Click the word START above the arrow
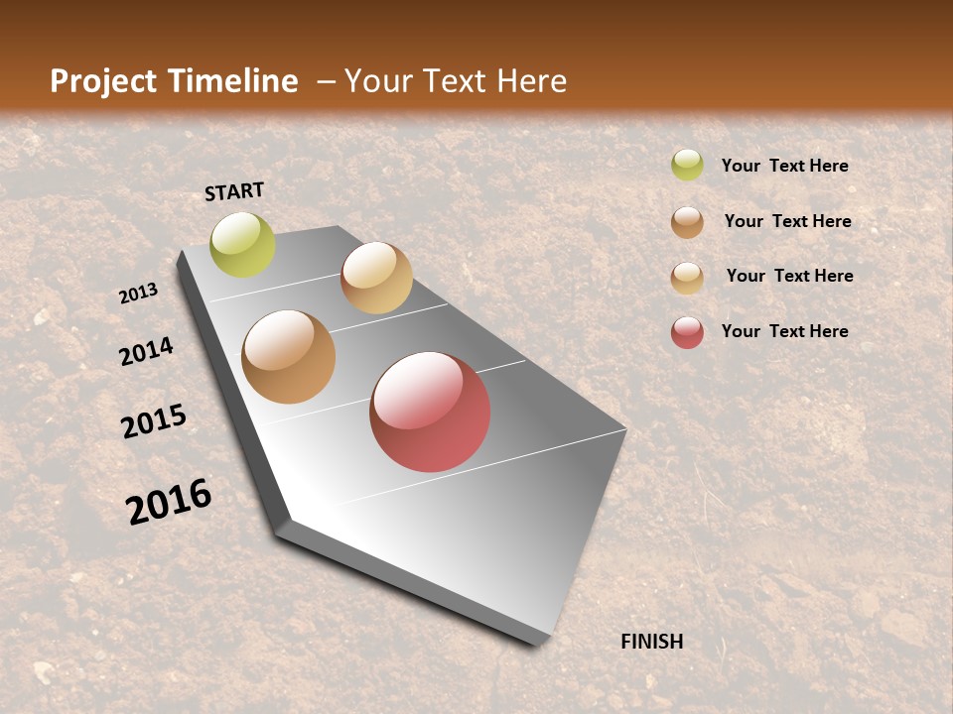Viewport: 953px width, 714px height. click(x=234, y=191)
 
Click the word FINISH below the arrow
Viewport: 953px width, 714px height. click(x=651, y=642)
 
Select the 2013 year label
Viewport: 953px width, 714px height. click(x=139, y=294)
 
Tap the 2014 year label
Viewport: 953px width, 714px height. click(x=146, y=351)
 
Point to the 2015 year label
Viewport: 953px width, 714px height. click(x=154, y=421)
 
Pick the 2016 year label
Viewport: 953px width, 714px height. click(x=169, y=502)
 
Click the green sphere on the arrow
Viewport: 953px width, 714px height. click(x=242, y=244)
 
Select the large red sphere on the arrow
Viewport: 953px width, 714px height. click(x=430, y=412)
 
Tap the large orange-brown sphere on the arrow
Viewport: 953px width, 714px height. click(x=289, y=357)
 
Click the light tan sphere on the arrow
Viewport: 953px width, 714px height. click(x=376, y=278)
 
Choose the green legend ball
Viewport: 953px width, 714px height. click(x=687, y=166)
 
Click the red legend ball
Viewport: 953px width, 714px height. click(x=687, y=332)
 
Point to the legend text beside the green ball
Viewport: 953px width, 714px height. click(x=784, y=167)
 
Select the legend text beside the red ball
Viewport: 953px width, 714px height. click(x=784, y=331)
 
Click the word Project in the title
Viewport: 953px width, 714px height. click(x=101, y=81)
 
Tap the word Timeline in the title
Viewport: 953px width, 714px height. click(x=234, y=81)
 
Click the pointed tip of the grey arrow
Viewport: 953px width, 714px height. click(x=536, y=640)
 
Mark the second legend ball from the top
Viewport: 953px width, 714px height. click(x=687, y=222)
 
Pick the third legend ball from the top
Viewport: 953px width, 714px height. click(x=687, y=278)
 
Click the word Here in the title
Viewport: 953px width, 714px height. click(x=531, y=81)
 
